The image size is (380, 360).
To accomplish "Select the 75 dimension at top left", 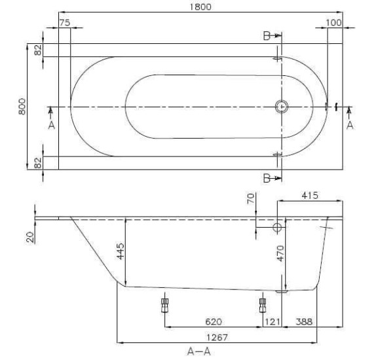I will [x=64, y=22].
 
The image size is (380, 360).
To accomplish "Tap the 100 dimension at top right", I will [x=333, y=22].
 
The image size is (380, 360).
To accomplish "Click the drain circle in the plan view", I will [x=282, y=106].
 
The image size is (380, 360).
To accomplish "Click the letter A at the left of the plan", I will [x=51, y=125].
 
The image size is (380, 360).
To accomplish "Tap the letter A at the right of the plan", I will [x=349, y=125].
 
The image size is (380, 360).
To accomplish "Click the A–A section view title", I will [x=199, y=351].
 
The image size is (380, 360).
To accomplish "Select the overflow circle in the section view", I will [x=277, y=227].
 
